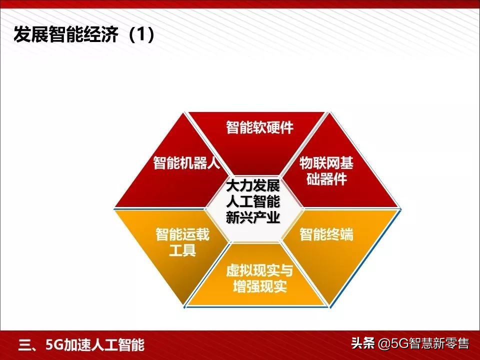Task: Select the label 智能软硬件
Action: pos(259,127)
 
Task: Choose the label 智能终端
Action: pos(326,234)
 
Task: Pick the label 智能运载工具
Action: pos(182,242)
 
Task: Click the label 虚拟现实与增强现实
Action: pos(259,279)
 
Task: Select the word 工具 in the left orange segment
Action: pos(182,250)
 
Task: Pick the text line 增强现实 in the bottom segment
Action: pos(259,287)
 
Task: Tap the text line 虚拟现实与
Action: pos(259,271)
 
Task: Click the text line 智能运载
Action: pos(182,234)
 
